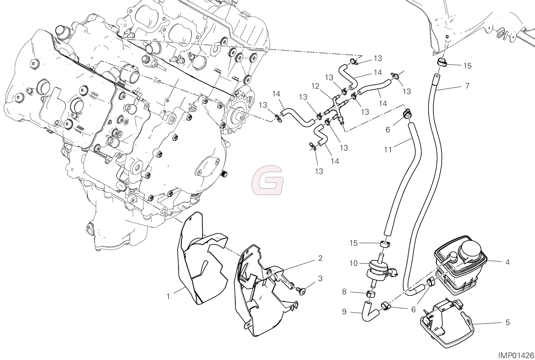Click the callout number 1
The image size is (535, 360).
click(x=168, y=297)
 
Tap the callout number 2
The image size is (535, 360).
click(x=320, y=258)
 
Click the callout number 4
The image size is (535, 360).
click(x=507, y=262)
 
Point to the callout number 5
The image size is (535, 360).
click(x=507, y=323)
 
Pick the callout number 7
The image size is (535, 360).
click(x=467, y=86)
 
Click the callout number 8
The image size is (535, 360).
click(x=344, y=292)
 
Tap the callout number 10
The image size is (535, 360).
click(x=353, y=264)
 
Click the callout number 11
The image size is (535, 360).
click(x=388, y=150)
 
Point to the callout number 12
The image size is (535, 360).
click(x=315, y=86)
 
